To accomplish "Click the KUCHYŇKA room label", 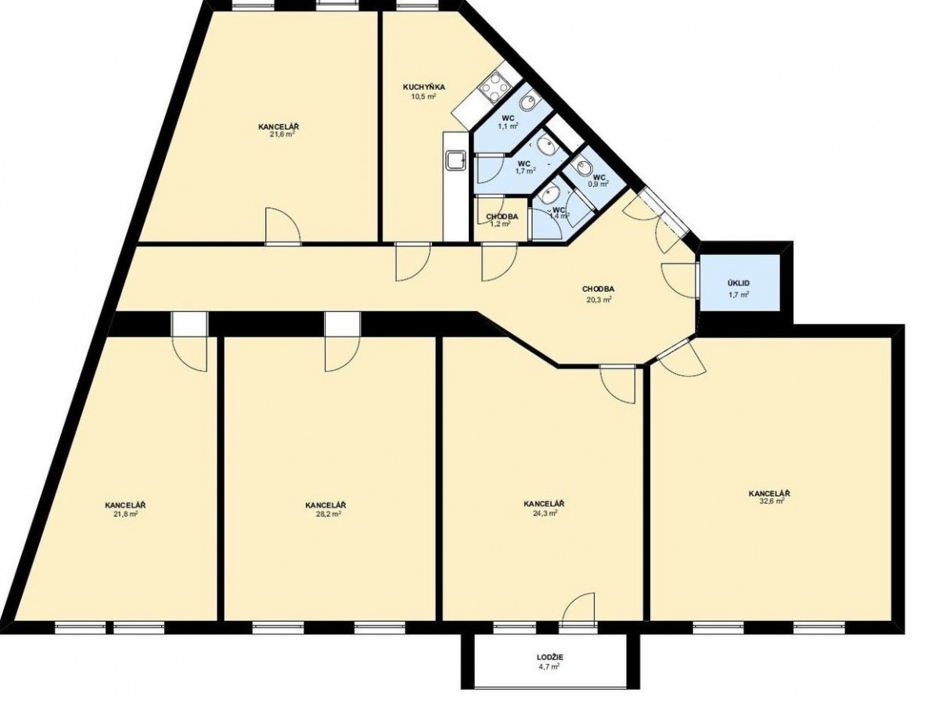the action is click(423, 87).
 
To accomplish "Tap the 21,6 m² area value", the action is click(282, 134).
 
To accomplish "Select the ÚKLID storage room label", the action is click(739, 283).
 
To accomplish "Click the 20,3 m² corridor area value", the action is click(598, 300).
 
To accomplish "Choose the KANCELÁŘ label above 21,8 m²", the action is click(125, 505).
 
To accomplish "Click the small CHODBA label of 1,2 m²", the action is click(502, 217).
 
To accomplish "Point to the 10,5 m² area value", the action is click(423, 96).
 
